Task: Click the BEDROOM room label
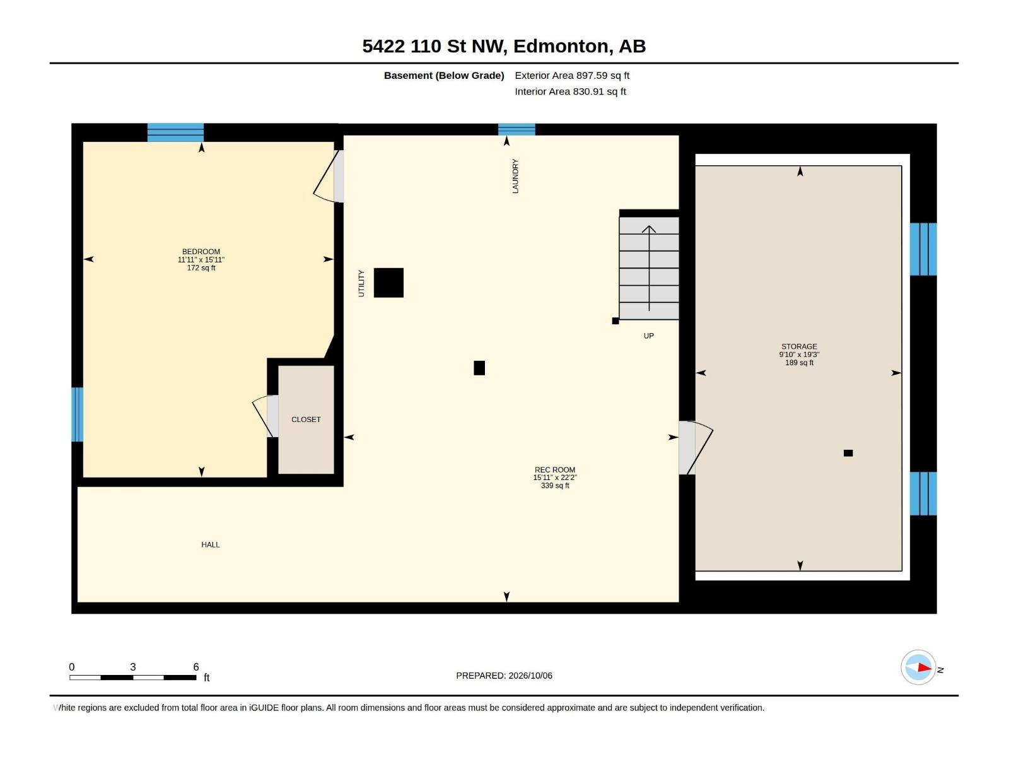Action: point(201,252)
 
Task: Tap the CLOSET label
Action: point(306,420)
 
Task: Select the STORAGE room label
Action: point(799,346)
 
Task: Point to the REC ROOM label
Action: point(554,470)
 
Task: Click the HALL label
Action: point(210,544)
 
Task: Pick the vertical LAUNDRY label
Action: point(515,176)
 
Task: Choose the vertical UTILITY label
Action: point(361,283)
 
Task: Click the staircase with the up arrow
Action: point(649,268)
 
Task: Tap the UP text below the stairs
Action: point(648,336)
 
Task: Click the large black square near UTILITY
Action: point(388,283)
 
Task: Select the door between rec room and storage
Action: point(696,448)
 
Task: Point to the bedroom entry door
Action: point(328,176)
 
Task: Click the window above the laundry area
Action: point(516,129)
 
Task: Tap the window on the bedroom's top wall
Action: point(175,132)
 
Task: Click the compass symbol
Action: point(918,667)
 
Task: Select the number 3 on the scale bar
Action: point(133,666)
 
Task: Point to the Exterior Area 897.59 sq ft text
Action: point(572,75)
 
